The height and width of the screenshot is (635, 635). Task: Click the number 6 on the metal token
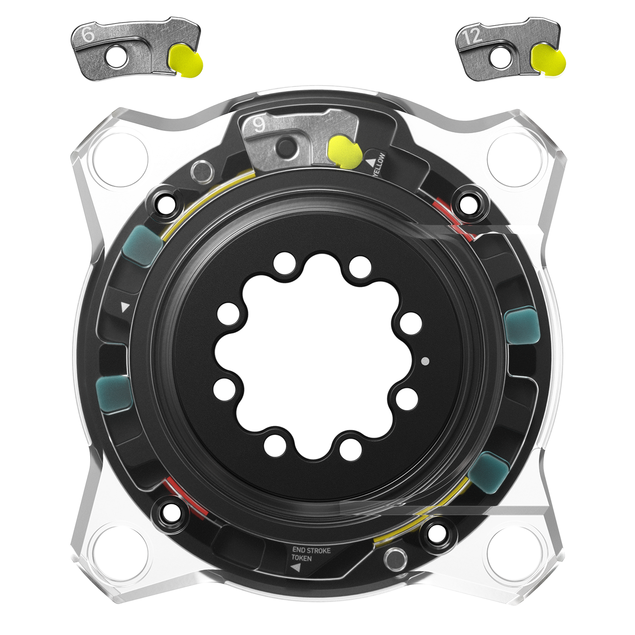coord(87,35)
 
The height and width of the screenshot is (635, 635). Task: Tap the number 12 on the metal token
coord(472,37)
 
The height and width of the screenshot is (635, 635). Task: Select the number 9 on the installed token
coord(259,125)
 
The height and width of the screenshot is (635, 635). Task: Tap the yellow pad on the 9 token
coord(345,152)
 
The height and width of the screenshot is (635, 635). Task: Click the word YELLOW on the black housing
coord(379,164)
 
